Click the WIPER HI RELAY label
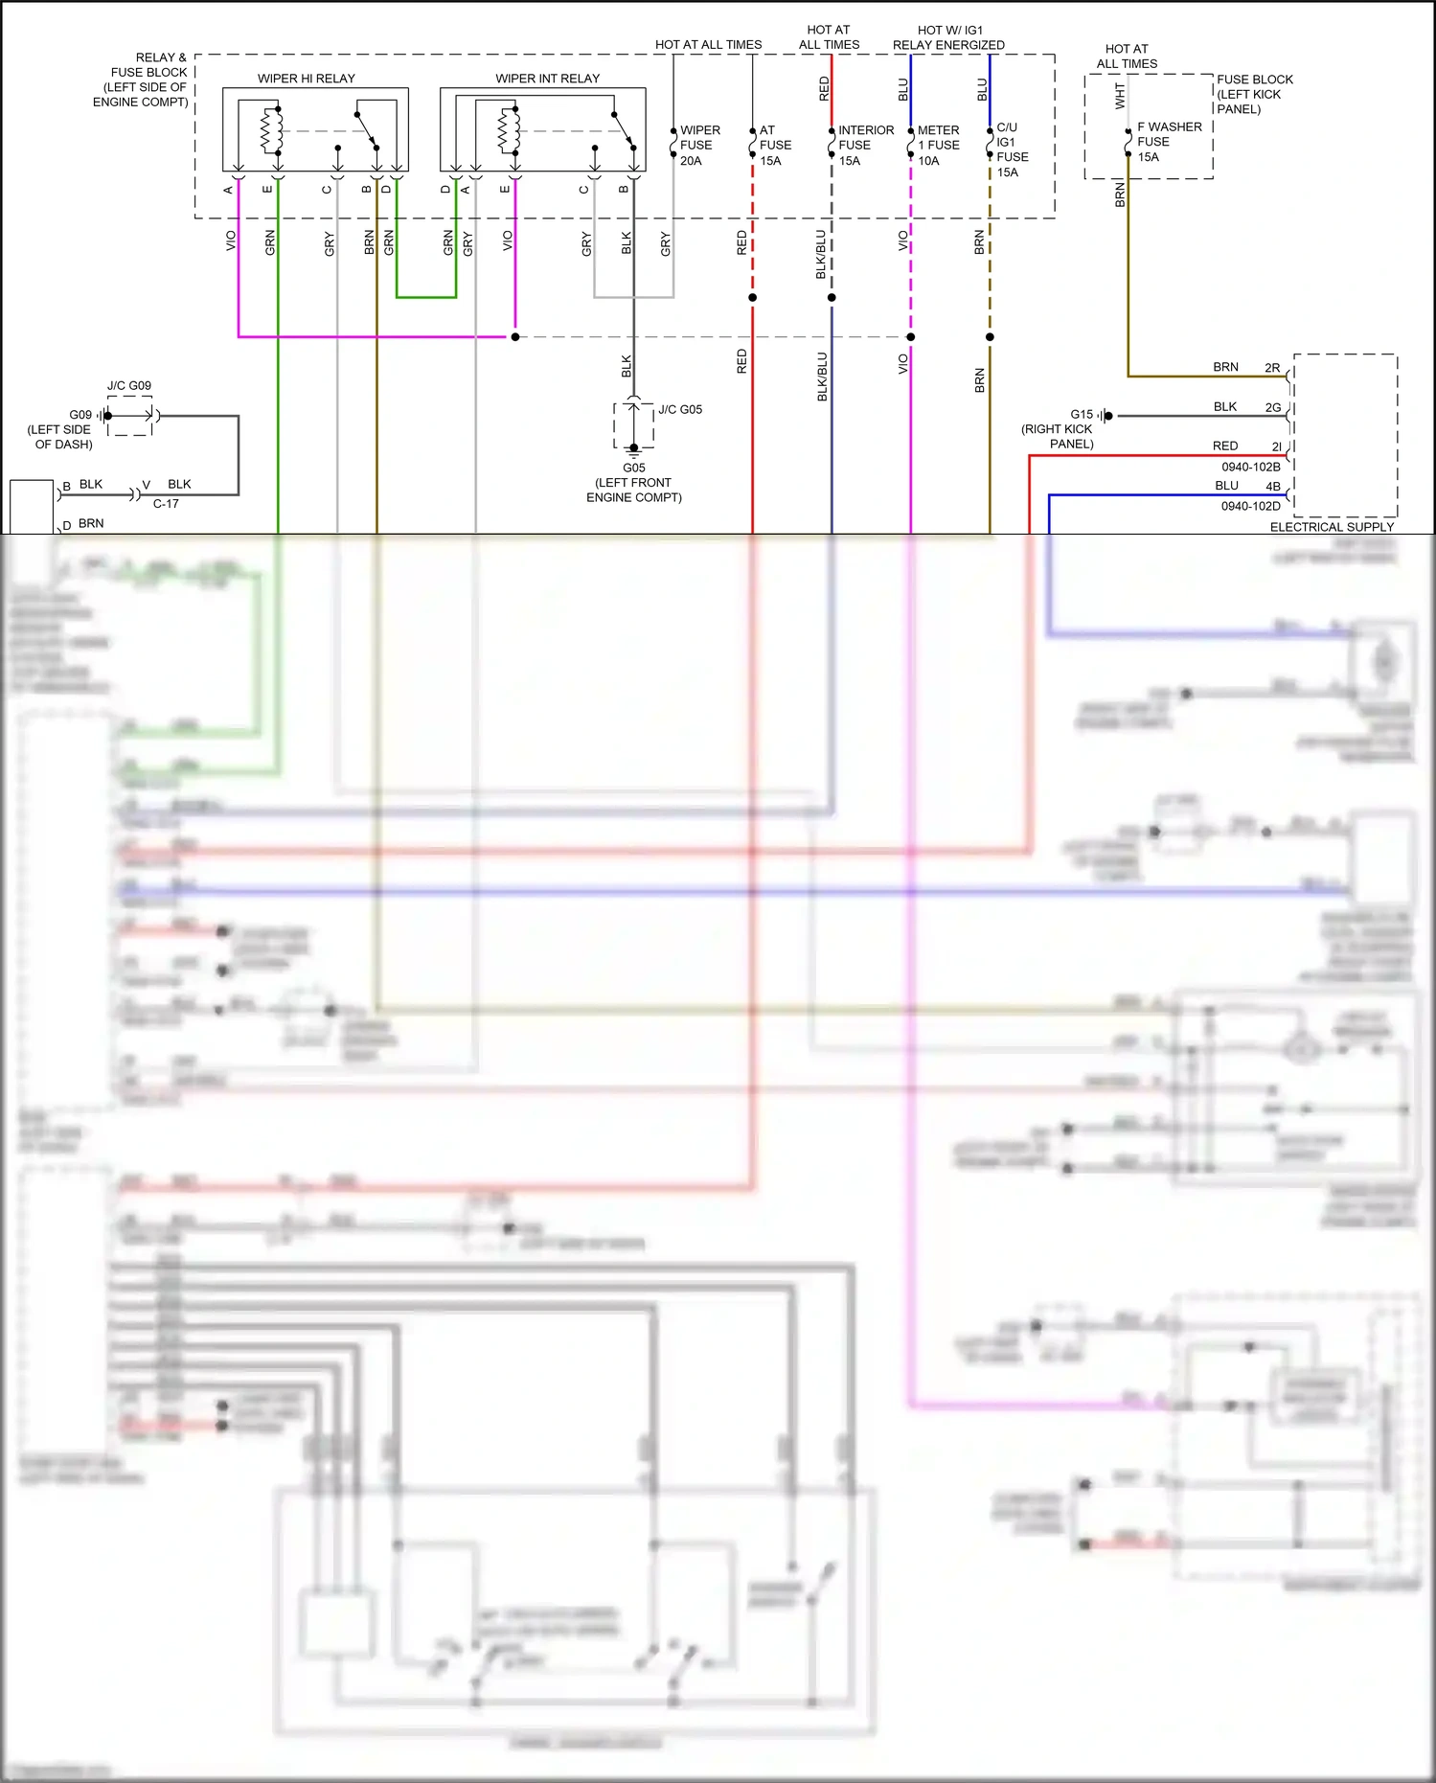[x=306, y=79]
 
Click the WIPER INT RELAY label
[x=547, y=79]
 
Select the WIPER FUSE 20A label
[x=698, y=146]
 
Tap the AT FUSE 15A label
[x=774, y=146]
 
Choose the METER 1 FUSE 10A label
[x=938, y=146]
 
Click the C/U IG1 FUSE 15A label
[x=1012, y=149]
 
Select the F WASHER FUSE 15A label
[x=1168, y=142]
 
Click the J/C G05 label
[x=680, y=409]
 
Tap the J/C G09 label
[x=128, y=385]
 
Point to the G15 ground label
[x=1082, y=414]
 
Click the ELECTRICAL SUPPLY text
[x=1332, y=527]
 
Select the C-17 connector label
[x=166, y=503]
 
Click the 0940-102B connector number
[x=1250, y=467]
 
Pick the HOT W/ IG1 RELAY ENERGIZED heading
[x=948, y=37]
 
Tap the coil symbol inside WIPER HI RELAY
[x=270, y=131]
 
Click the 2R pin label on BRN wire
[x=1272, y=367]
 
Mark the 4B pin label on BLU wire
[x=1272, y=486]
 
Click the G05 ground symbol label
[x=633, y=469]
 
